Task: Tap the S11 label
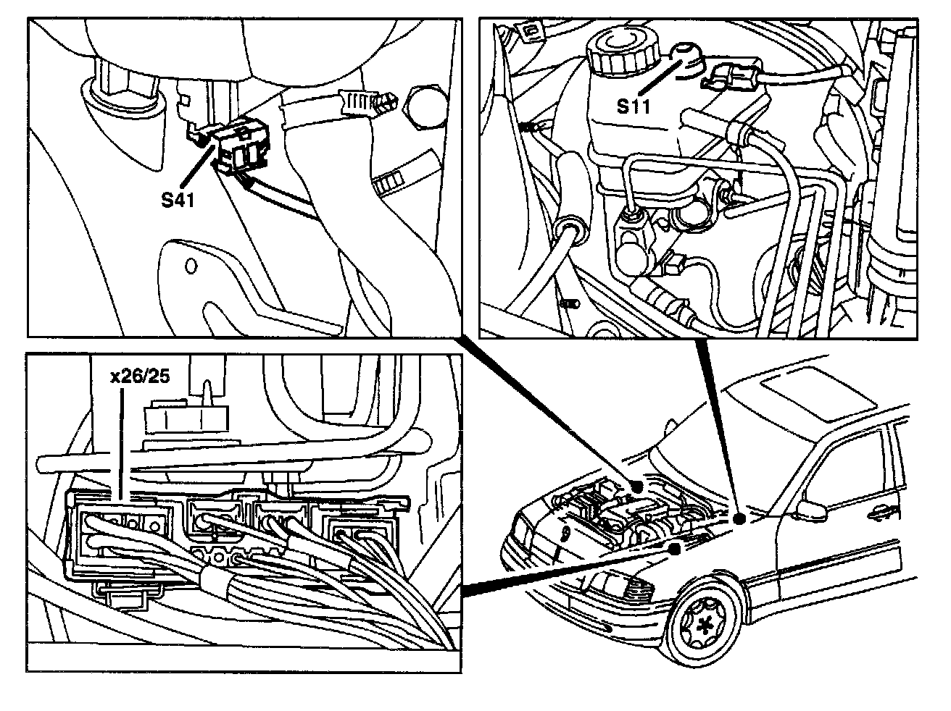coord(634,106)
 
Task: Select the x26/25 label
coord(139,377)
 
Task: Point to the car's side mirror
coord(813,508)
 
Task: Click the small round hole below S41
coord(191,266)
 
